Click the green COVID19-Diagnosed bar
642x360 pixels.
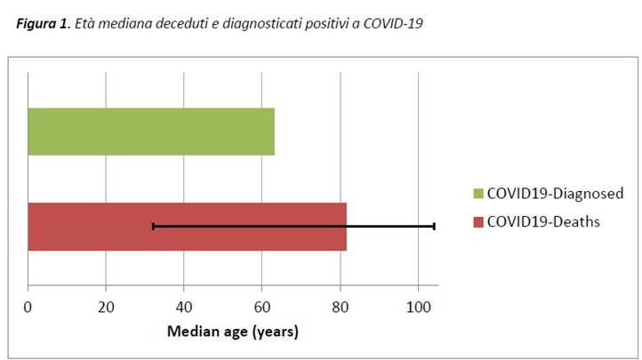click(x=151, y=132)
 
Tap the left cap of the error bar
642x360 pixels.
click(x=153, y=227)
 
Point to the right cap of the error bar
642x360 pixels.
click(x=434, y=227)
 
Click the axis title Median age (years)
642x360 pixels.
click(x=233, y=332)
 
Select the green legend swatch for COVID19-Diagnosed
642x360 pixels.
click(x=477, y=194)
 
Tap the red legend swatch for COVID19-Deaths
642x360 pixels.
click(x=477, y=221)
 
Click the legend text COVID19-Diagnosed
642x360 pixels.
click(x=554, y=194)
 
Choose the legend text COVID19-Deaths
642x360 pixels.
click(x=542, y=221)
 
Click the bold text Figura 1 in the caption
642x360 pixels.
click(x=43, y=24)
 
